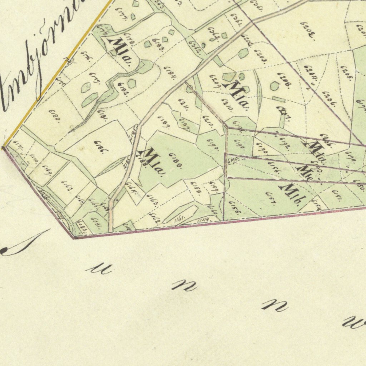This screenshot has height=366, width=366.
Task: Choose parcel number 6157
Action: (x=270, y=199)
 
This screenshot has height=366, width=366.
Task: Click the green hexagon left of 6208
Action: (x=274, y=86)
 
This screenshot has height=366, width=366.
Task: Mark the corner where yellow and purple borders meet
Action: (x=3, y=147)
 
